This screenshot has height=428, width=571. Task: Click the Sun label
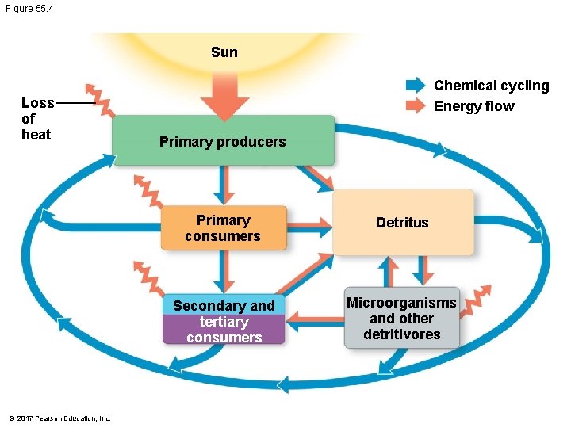(224, 52)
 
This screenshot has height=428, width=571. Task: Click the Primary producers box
(223, 141)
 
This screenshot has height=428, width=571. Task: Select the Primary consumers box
(223, 228)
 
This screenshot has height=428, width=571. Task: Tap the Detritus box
(402, 223)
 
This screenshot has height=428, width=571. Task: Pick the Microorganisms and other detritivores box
(401, 318)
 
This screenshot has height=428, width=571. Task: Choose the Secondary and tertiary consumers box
(223, 321)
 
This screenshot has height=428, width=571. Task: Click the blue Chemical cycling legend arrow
(416, 86)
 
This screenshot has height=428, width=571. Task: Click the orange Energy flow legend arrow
(416, 106)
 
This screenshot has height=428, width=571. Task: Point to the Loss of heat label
(36, 118)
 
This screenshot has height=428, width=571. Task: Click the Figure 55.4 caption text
(30, 8)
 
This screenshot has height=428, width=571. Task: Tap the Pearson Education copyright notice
(59, 418)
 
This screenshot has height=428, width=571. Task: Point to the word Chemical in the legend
(463, 86)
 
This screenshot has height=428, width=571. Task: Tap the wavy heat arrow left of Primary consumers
(147, 187)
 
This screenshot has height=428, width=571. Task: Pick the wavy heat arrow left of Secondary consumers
(148, 275)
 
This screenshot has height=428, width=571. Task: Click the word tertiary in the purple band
(224, 322)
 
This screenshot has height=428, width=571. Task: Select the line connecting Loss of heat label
(75, 103)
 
